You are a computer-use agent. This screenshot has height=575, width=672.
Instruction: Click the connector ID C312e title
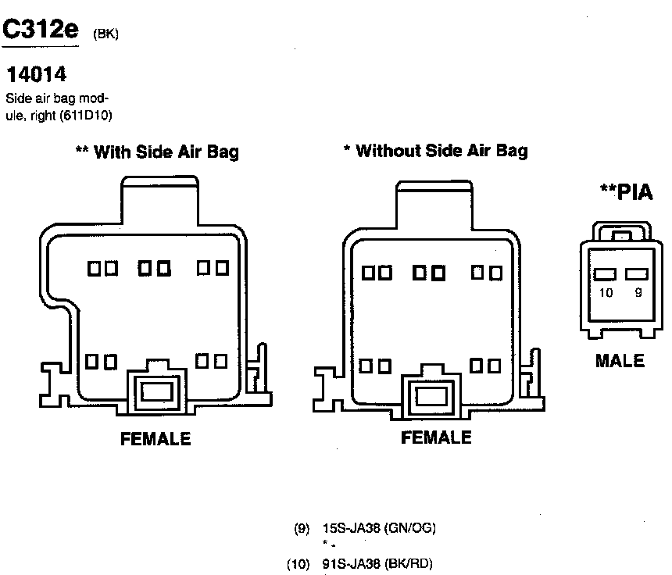click(41, 30)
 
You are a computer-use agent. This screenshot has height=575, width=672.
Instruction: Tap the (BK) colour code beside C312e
click(105, 35)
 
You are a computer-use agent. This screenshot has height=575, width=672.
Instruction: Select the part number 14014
click(36, 75)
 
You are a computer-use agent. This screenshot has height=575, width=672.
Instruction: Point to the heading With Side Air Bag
click(156, 152)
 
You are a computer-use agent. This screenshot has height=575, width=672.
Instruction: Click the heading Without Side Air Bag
click(436, 150)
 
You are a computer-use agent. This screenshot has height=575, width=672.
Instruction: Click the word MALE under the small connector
click(620, 361)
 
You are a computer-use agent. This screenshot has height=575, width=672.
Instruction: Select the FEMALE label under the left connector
click(155, 438)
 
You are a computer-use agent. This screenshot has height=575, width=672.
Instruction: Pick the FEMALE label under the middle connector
click(436, 437)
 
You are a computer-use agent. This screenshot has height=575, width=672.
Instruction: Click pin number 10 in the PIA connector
click(606, 294)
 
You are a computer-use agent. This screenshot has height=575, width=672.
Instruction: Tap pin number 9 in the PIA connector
click(638, 294)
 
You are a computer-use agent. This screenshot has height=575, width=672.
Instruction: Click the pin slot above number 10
click(606, 274)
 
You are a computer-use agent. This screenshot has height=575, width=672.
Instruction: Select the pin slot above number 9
click(638, 274)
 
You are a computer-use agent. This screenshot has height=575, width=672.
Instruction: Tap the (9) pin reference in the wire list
click(302, 528)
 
